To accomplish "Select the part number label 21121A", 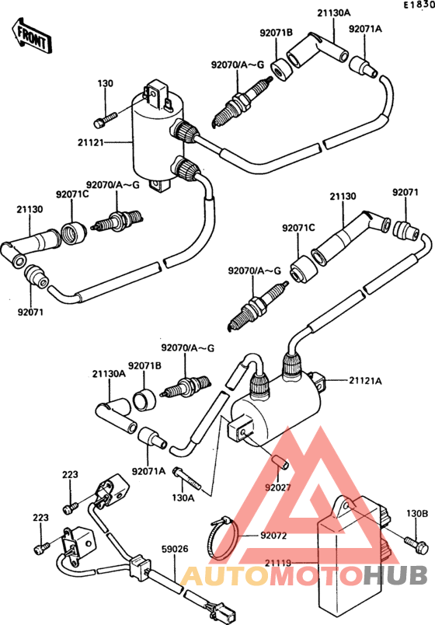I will (x=366, y=380).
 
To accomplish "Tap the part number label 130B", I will (x=417, y=513).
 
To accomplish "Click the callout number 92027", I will (x=277, y=487).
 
